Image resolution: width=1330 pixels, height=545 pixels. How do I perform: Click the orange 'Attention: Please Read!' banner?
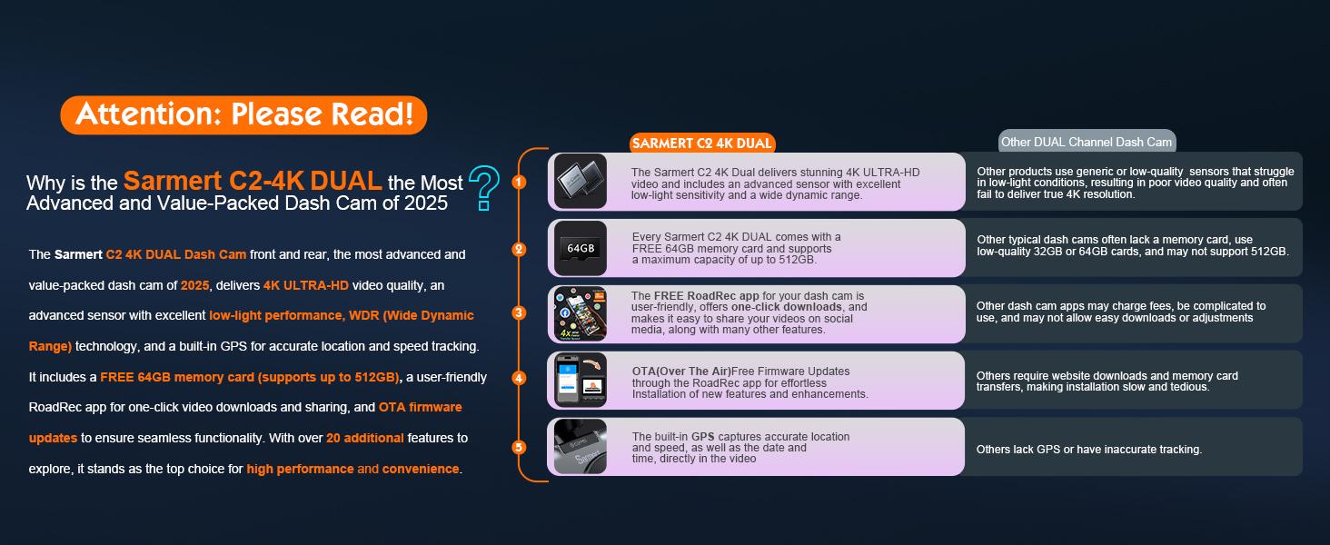point(243,114)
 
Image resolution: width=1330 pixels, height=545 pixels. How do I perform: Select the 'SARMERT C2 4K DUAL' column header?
point(702,144)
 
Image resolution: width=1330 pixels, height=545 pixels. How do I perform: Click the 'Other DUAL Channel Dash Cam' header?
point(1087,142)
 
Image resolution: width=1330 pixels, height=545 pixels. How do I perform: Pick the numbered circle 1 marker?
point(519,182)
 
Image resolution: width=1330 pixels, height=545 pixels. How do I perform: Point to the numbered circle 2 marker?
point(519,249)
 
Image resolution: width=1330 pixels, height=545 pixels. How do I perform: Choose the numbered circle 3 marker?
point(519,312)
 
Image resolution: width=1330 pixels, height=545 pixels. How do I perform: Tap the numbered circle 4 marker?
point(519,378)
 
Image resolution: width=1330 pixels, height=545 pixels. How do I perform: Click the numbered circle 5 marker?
point(519,447)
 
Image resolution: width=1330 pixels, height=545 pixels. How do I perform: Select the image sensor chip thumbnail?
point(581,181)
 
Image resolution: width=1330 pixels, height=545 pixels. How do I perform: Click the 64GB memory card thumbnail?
point(581,248)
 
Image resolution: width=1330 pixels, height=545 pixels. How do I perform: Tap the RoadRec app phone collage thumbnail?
point(581,313)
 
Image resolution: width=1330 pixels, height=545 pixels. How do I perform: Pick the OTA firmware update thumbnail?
point(581,380)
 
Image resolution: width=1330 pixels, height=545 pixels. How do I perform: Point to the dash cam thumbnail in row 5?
point(581,447)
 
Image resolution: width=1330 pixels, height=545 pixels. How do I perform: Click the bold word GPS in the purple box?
point(703,436)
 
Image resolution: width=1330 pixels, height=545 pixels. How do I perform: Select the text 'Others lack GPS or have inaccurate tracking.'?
point(1089,450)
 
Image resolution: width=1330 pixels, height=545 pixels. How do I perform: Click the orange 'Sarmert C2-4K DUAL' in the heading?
point(253,181)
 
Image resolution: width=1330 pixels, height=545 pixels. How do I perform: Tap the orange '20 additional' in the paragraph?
point(365,438)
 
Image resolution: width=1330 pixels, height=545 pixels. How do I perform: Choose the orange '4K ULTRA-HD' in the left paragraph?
point(306,285)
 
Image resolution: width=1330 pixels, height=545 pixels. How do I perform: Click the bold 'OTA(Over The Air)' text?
point(681,372)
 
